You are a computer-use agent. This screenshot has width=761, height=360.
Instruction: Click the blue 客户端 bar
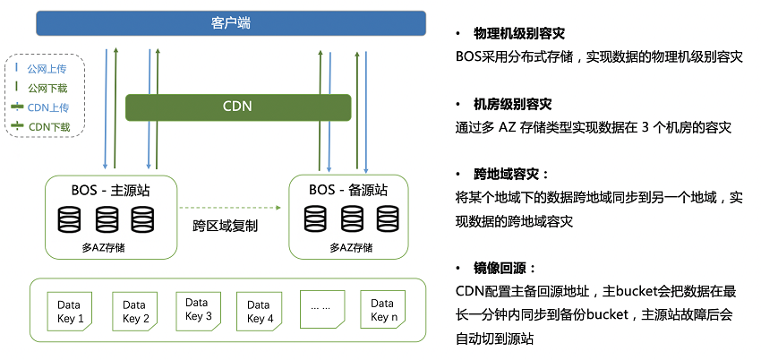pos(231,23)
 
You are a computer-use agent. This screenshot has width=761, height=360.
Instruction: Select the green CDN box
pos(238,107)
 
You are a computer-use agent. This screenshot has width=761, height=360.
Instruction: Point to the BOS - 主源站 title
pos(111,190)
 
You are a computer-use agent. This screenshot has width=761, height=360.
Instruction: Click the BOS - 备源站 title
pos(348,190)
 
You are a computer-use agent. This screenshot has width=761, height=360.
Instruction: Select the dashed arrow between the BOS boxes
pos(230,208)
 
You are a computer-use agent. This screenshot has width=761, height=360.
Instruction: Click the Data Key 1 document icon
pos(70,312)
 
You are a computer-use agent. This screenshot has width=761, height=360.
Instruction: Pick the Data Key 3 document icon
pos(198,311)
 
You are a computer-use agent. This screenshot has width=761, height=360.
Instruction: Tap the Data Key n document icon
pos(383,310)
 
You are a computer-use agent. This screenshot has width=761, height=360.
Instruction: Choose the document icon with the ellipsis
pos(321,309)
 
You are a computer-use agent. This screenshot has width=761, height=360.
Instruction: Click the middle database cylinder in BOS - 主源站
pos(107,219)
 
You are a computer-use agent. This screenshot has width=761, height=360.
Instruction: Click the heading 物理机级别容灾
pos(518,33)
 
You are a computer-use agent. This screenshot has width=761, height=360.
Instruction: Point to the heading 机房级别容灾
pos(512,104)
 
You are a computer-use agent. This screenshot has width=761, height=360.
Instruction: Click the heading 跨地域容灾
pos(511,174)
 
